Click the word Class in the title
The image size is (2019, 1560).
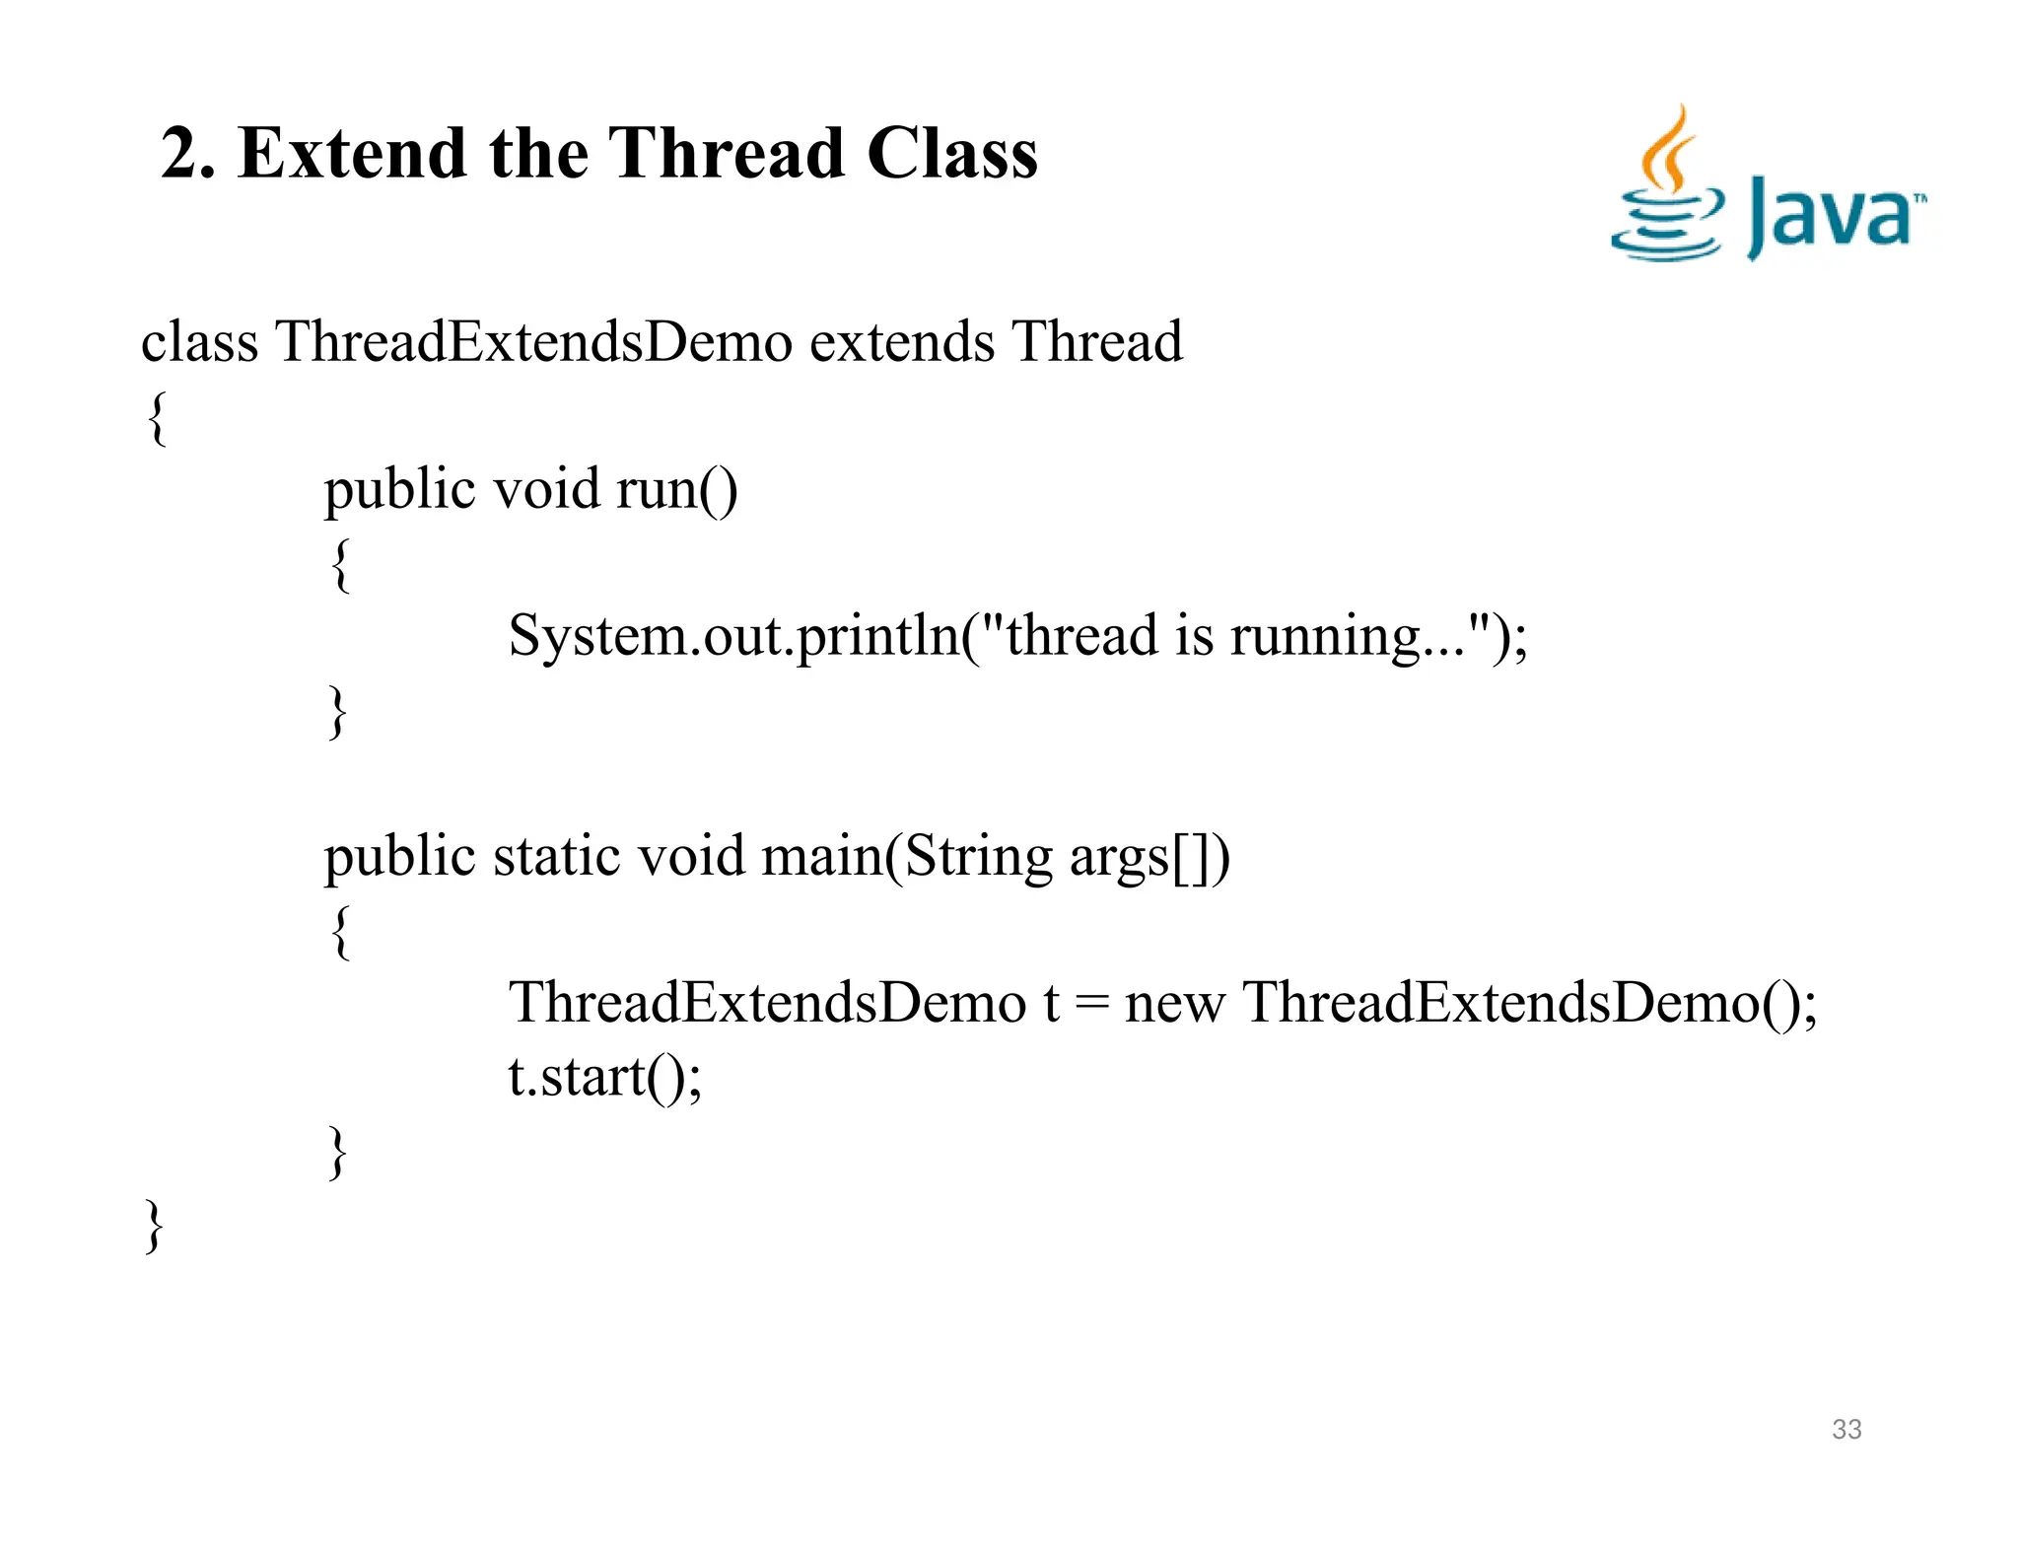(x=951, y=154)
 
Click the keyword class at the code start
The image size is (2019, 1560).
(x=199, y=342)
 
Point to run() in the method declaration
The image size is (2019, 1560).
(x=676, y=489)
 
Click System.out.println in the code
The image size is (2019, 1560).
(x=734, y=636)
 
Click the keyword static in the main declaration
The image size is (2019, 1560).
(x=557, y=856)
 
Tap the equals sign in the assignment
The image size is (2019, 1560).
(x=1091, y=1005)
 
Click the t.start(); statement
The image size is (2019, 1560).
(x=604, y=1076)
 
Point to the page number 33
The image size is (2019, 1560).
(x=1846, y=1429)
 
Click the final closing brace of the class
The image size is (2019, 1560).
(x=154, y=1226)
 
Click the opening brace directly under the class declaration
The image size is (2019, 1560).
(x=157, y=418)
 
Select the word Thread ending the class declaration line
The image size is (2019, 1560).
(x=1097, y=342)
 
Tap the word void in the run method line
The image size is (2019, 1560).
(x=546, y=489)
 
